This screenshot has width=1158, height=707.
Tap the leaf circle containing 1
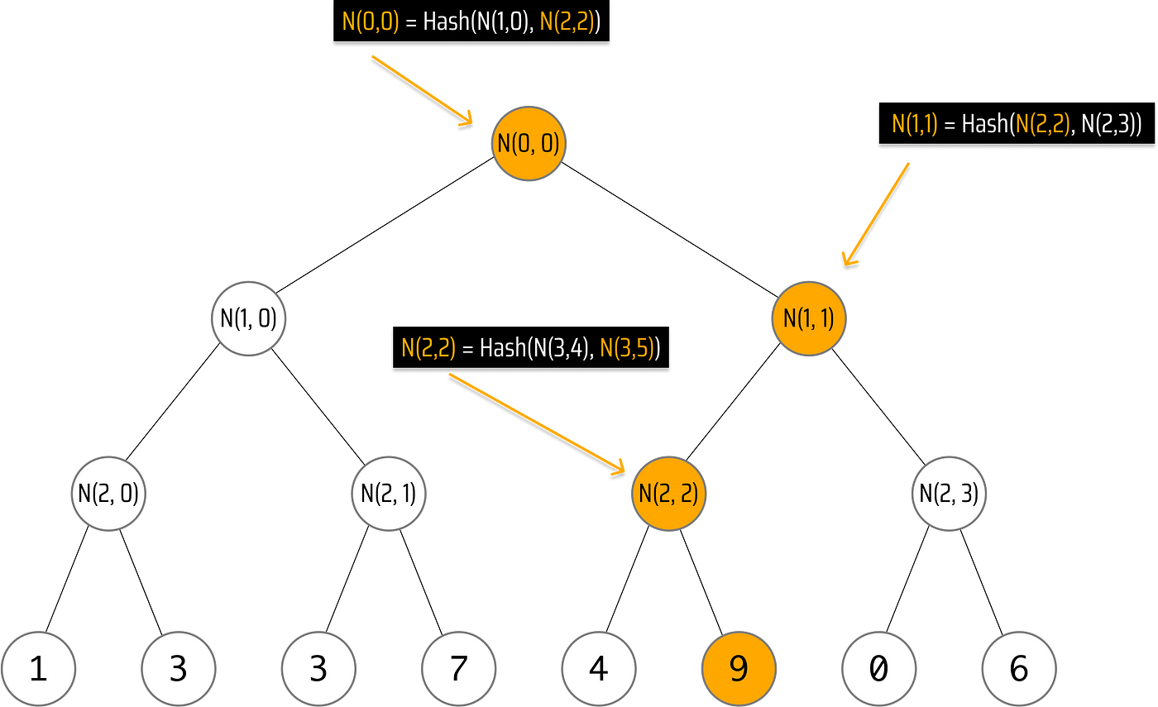(x=38, y=668)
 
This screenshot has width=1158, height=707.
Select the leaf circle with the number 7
(x=458, y=668)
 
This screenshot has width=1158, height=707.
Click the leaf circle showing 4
(x=598, y=668)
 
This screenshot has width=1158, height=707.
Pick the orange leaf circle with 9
(x=739, y=668)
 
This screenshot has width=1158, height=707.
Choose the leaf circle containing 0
(x=878, y=668)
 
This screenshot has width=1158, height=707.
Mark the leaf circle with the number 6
(x=1019, y=668)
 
